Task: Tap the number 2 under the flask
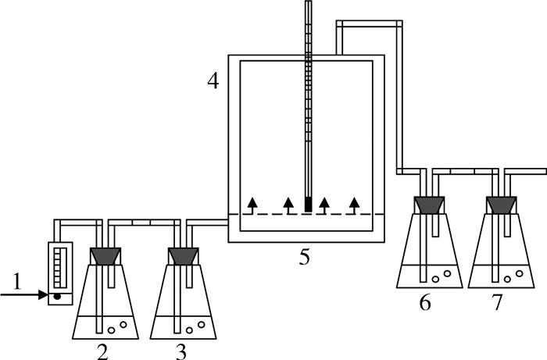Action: tap(102, 351)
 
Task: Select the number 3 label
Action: tap(181, 351)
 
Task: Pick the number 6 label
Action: tap(425, 301)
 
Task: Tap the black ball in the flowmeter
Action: tap(56, 296)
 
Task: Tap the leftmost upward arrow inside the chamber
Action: tap(252, 205)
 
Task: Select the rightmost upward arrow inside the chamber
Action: tap(355, 205)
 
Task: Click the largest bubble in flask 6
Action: tap(447, 273)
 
